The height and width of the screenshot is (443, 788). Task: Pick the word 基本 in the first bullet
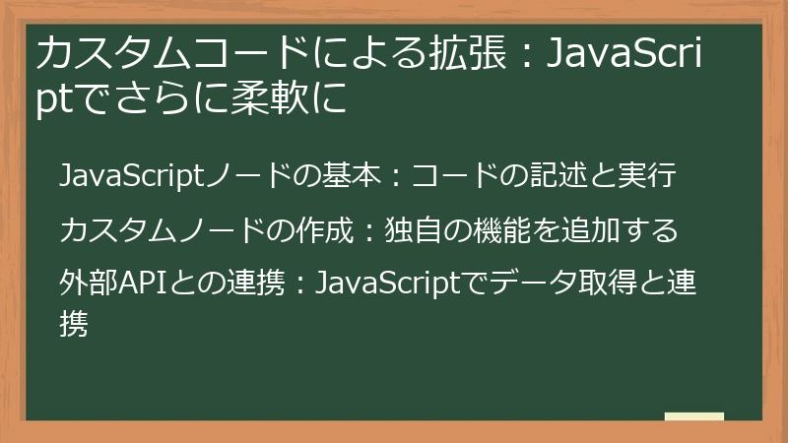352,177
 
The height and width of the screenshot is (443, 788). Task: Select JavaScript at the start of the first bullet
129,177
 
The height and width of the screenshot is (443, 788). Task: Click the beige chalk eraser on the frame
694,416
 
